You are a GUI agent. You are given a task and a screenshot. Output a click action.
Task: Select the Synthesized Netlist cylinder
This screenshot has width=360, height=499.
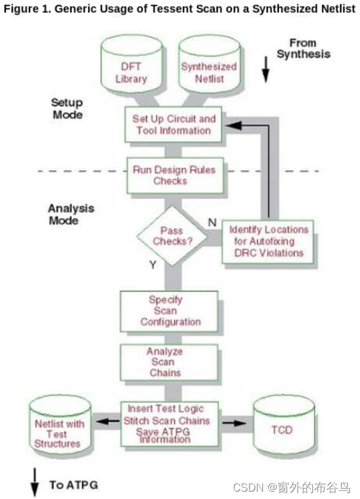pyautogui.click(x=209, y=69)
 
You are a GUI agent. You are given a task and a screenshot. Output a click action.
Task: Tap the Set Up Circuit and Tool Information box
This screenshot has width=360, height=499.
pyautogui.click(x=174, y=124)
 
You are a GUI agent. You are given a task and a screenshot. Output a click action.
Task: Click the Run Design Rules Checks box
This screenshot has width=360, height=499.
pyautogui.click(x=174, y=175)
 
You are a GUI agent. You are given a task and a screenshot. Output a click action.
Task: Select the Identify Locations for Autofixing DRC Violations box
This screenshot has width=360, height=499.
pyautogui.click(x=268, y=240)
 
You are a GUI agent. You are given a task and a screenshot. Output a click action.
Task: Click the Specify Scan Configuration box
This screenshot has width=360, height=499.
pyautogui.click(x=170, y=311)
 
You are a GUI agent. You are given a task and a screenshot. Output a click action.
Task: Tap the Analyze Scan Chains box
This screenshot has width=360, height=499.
pyautogui.click(x=170, y=362)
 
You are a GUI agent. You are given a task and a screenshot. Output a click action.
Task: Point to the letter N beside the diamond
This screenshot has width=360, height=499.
pyautogui.click(x=212, y=222)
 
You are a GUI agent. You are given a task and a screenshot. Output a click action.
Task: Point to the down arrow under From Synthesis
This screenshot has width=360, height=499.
pyautogui.click(x=266, y=70)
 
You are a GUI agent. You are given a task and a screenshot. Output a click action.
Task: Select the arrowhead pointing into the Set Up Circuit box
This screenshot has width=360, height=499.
pyautogui.click(x=228, y=125)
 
